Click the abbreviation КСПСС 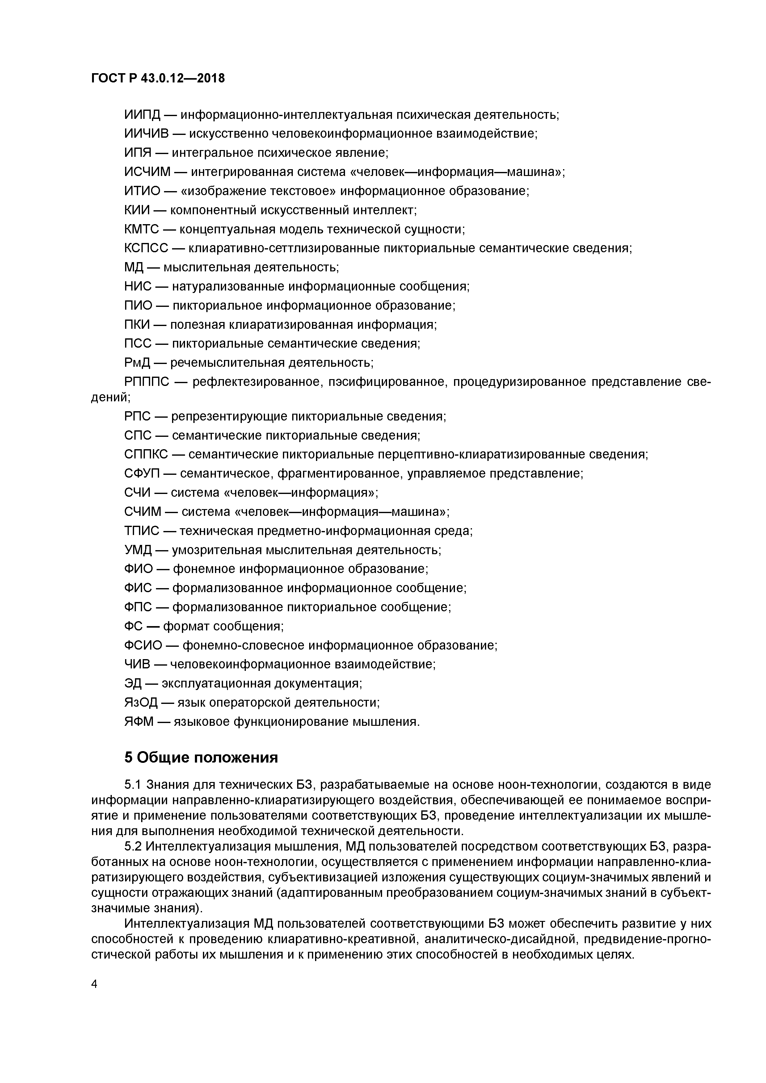[146, 249]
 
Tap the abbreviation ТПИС [141, 531]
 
